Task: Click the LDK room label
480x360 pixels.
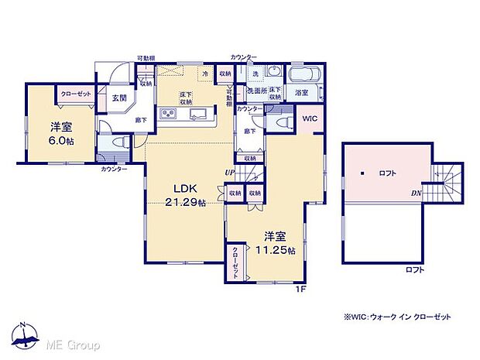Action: (183, 188)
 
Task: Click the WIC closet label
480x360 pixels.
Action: (309, 118)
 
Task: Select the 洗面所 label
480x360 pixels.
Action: (256, 91)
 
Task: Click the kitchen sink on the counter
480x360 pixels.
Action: (199, 117)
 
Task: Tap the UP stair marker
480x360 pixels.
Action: (230, 171)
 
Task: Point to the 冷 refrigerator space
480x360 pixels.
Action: (205, 74)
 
